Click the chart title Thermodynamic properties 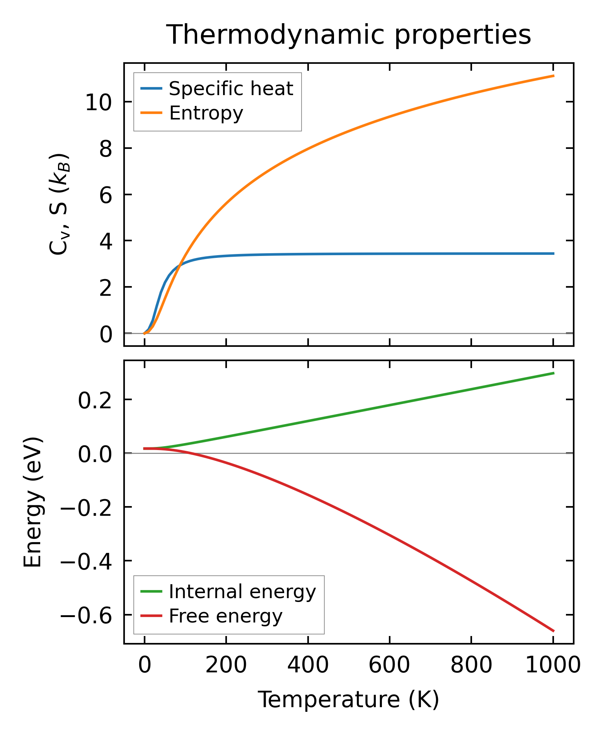point(348,35)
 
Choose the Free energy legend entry point(226,616)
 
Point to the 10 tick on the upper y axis point(99,102)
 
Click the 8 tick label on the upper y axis point(106,149)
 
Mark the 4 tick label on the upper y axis point(106,242)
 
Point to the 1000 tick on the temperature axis point(553,665)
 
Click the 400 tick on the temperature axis point(308,665)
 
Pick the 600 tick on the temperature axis point(389,665)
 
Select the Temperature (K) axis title point(348,699)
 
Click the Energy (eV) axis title point(33,503)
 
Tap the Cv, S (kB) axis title point(59,204)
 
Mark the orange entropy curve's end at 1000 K point(553,76)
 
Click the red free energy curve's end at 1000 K point(553,631)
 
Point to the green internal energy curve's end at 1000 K point(553,373)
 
